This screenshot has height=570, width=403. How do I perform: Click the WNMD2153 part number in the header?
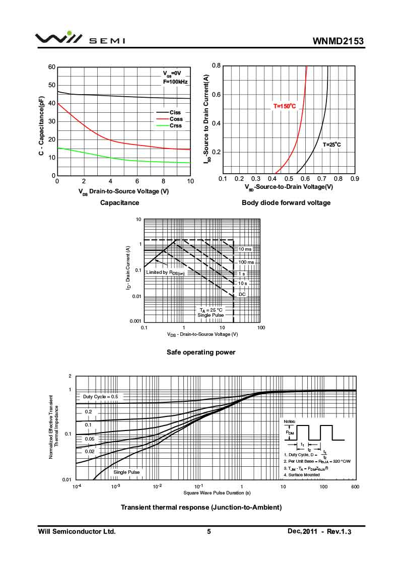(338, 41)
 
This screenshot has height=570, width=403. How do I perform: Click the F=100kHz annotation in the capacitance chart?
(175, 82)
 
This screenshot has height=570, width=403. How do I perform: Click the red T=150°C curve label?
(285, 106)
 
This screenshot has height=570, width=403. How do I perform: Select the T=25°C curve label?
(332, 145)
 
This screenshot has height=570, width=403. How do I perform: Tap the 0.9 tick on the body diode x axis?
(355, 179)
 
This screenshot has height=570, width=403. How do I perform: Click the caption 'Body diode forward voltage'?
(286, 203)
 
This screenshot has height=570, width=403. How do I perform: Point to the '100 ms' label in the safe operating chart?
(246, 262)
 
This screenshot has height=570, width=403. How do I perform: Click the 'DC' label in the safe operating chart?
(242, 294)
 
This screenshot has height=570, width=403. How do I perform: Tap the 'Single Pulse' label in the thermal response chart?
(126, 472)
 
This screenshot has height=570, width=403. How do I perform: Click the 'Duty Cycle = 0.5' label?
(100, 397)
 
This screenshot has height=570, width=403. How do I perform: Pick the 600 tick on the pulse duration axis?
(355, 486)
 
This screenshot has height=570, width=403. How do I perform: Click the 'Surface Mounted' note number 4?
(302, 475)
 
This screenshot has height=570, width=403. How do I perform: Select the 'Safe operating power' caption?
(201, 352)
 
